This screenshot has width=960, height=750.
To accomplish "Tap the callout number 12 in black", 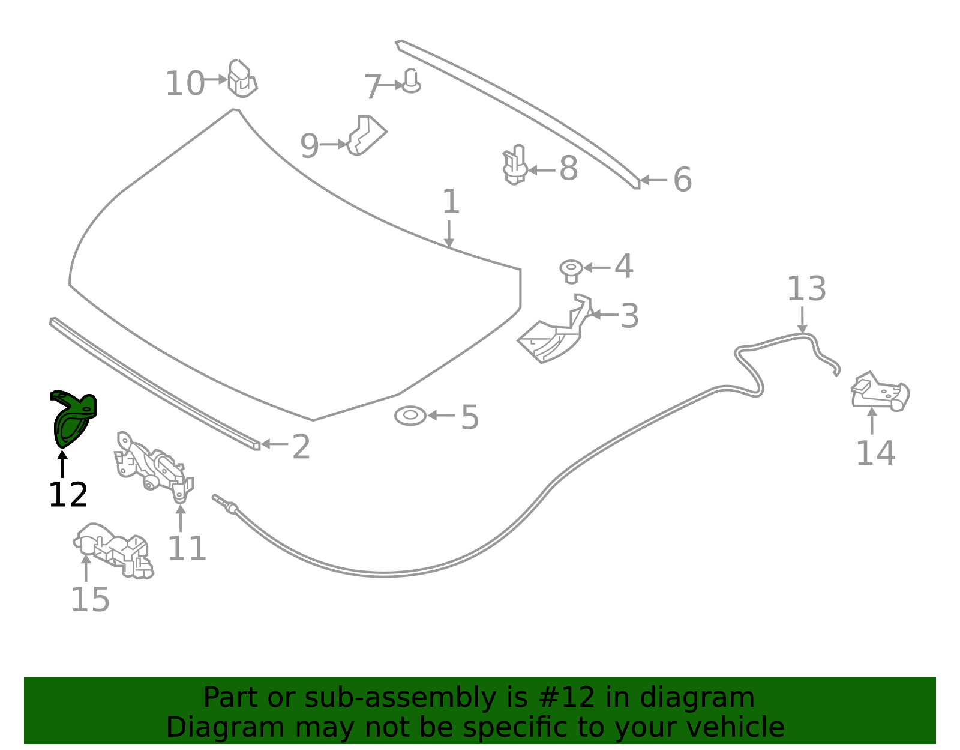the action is point(68,495).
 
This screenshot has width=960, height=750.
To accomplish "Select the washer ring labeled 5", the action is point(410,416).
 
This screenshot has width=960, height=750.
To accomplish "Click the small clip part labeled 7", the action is point(412,81).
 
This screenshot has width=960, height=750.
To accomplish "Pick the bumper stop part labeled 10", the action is point(242,78).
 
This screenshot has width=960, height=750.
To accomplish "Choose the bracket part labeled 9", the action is point(367,135).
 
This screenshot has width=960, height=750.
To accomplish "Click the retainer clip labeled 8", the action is point(515,165).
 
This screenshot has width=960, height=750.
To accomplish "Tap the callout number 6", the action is point(682,180).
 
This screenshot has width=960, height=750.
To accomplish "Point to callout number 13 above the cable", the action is point(806,289).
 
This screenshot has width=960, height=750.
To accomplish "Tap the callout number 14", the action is point(875,453).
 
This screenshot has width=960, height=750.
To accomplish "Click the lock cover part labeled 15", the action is point(113,551).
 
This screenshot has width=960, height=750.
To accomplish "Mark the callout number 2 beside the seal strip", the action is point(301,447).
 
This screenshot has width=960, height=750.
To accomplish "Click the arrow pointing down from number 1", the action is point(449,234).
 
